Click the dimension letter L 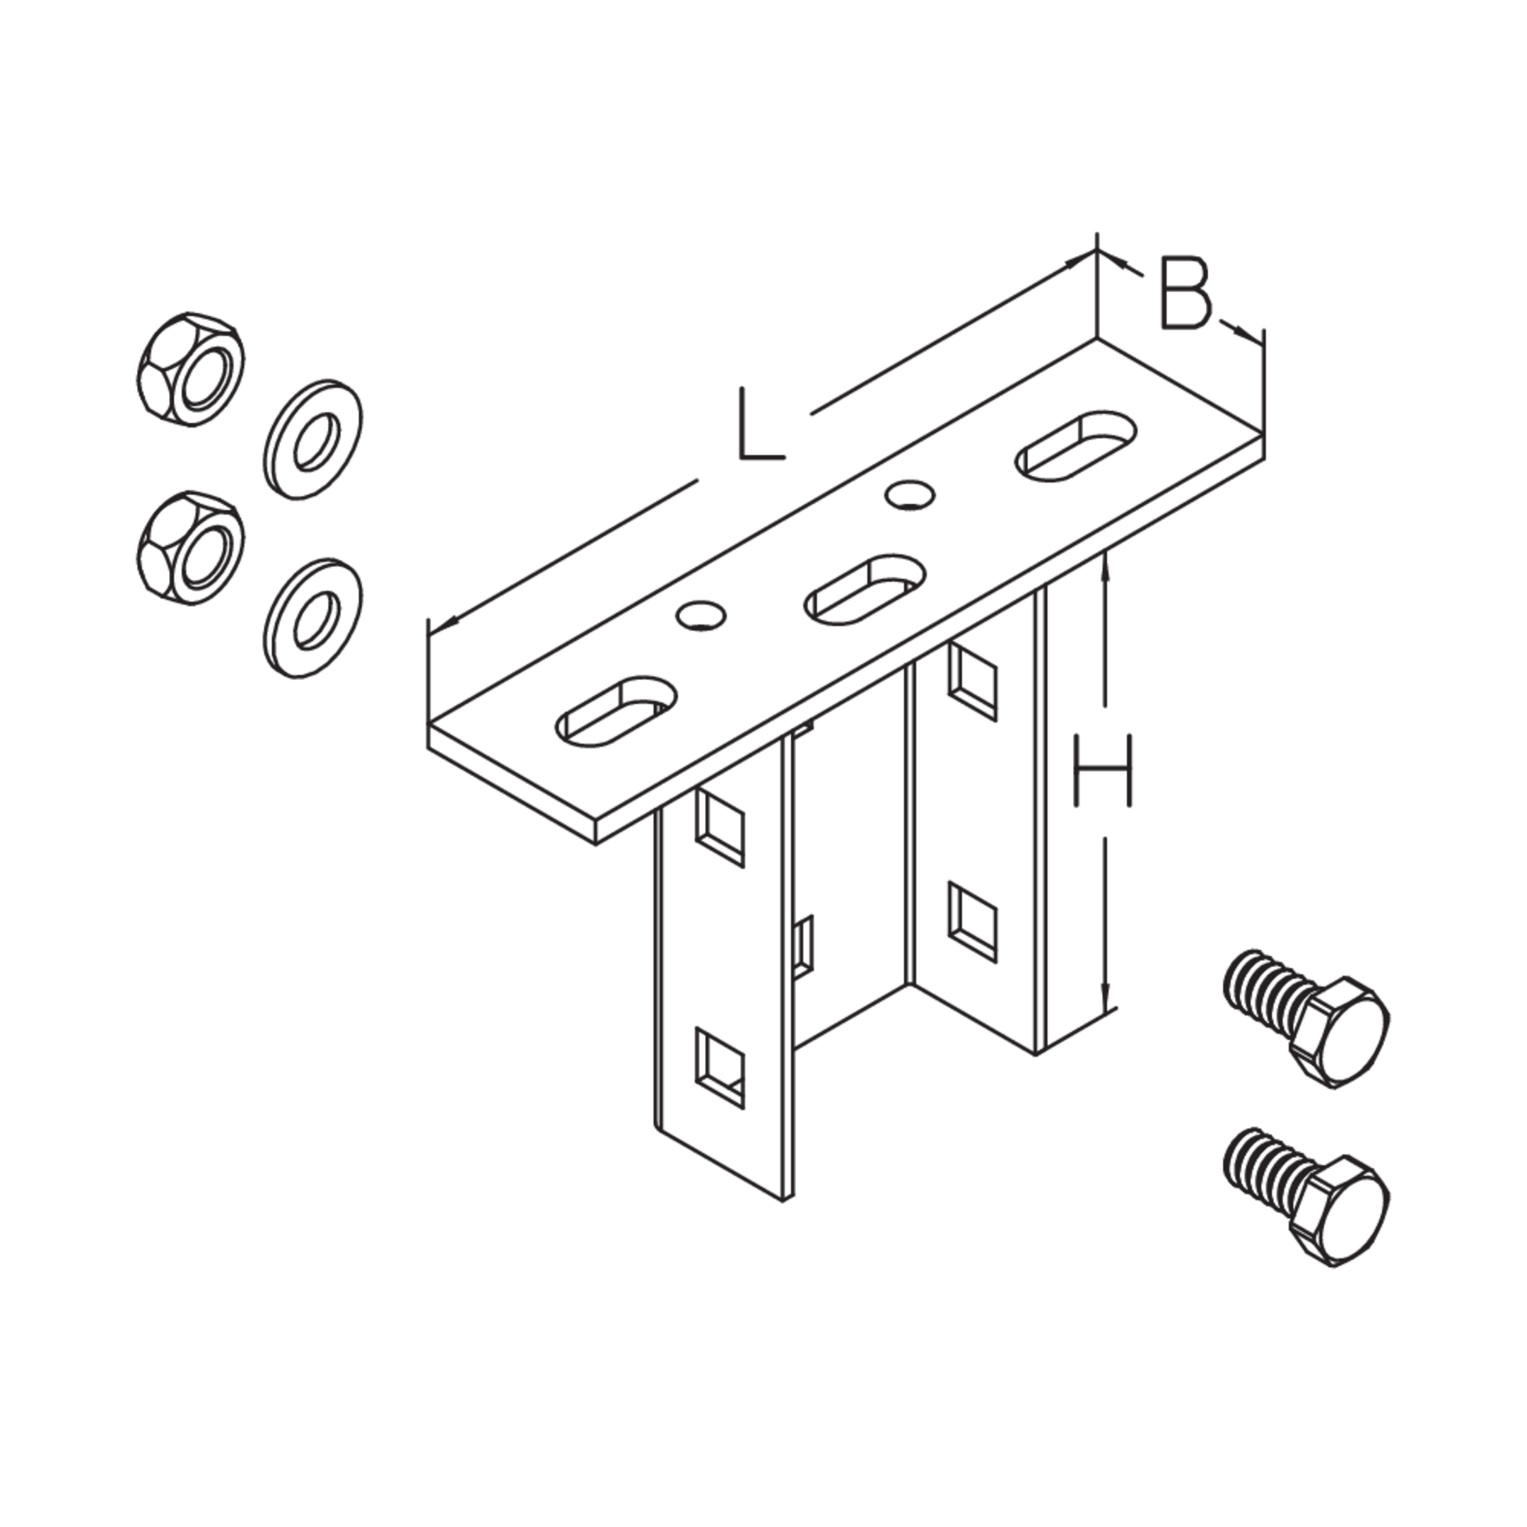(761, 424)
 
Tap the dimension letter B (1186, 293)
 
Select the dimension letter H (1104, 771)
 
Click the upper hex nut (190, 368)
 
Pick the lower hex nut (190, 549)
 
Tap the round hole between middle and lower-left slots (701, 615)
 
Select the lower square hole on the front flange (719, 1067)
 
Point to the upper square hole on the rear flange (973, 681)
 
